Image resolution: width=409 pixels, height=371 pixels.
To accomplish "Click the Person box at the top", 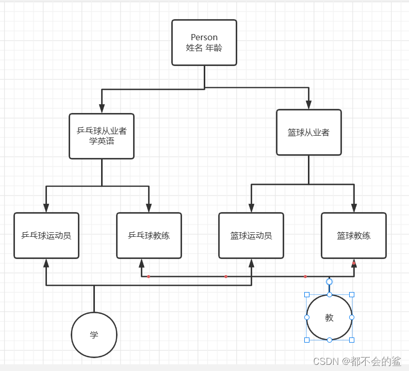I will [x=204, y=42].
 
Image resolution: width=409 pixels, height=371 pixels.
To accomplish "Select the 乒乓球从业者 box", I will [x=102, y=136].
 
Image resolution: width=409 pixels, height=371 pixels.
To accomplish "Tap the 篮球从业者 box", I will [x=308, y=132].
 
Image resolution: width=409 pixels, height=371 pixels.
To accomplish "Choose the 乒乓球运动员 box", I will [x=46, y=235].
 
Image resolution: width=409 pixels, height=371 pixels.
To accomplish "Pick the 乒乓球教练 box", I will [x=149, y=235].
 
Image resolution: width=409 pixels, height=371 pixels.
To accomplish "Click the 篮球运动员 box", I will [x=251, y=235].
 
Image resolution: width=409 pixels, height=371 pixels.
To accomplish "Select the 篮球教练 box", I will [x=353, y=235].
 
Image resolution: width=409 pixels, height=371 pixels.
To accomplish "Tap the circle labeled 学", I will [x=94, y=335].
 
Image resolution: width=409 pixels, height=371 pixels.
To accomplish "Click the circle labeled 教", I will [x=329, y=317].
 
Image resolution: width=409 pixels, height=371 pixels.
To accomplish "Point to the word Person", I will [x=204, y=37].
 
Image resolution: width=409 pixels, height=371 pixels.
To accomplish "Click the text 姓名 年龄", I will [x=204, y=47].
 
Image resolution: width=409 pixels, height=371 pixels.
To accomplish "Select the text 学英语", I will [x=102, y=141].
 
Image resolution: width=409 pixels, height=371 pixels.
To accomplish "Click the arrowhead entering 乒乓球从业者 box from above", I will [x=102, y=108].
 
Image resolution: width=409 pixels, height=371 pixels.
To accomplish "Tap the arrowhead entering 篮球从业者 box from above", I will [x=308, y=105].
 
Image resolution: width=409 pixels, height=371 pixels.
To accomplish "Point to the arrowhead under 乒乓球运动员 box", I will [x=46, y=263].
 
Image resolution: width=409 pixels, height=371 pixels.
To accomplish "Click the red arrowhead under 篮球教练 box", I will [x=354, y=263].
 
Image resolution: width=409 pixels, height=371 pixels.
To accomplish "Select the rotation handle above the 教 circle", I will [x=329, y=282].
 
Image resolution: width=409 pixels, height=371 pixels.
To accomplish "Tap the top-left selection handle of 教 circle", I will [x=307, y=295].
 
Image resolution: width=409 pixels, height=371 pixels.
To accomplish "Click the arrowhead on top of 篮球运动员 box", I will [x=251, y=207].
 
